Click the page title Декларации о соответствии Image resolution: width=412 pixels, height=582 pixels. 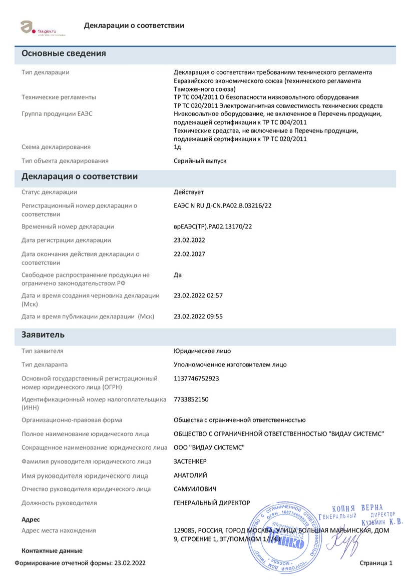(x=134, y=25)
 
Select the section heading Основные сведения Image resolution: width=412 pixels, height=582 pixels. (x=64, y=53)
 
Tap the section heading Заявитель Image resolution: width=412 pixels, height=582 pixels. (x=43, y=334)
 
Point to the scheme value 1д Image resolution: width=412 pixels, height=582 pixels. (x=177, y=147)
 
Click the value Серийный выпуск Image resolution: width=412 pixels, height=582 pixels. (x=200, y=161)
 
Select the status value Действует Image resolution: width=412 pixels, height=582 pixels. (x=189, y=192)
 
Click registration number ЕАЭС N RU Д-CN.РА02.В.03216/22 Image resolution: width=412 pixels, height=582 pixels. (x=223, y=205)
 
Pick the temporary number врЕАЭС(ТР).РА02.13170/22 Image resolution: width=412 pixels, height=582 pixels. (x=213, y=226)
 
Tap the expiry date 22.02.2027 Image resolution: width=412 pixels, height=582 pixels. (x=189, y=254)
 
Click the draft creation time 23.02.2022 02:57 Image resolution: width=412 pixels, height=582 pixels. (x=198, y=295)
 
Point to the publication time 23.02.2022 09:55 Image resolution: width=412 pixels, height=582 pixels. (x=198, y=316)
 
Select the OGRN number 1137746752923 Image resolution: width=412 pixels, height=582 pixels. (x=196, y=378)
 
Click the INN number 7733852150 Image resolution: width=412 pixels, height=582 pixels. (x=191, y=399)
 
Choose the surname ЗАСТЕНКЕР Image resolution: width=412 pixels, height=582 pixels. (x=190, y=461)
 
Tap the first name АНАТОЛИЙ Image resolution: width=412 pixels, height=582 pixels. (x=190, y=475)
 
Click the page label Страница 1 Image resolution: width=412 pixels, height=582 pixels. (x=376, y=563)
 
